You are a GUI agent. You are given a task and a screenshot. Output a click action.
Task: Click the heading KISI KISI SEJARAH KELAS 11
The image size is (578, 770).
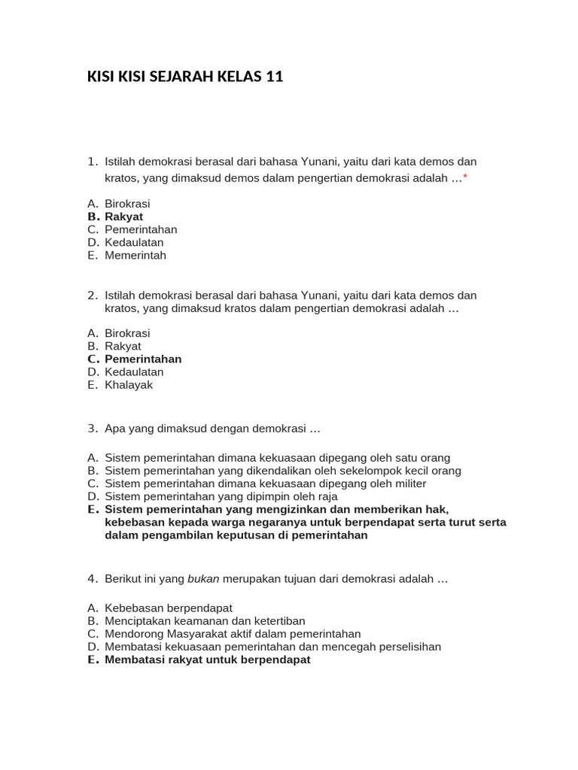(x=185, y=76)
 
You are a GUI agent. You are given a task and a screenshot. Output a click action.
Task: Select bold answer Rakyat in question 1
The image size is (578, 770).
(x=123, y=217)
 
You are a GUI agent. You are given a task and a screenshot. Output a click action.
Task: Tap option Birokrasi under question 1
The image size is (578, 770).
(x=127, y=204)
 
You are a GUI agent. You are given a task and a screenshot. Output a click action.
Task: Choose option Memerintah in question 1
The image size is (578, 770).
(x=135, y=255)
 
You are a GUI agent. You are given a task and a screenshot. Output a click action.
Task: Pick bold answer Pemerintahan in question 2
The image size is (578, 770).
(x=143, y=359)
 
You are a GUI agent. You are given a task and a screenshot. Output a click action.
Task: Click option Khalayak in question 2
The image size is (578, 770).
(x=129, y=384)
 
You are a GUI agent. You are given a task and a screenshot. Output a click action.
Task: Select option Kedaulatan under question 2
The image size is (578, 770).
(x=134, y=371)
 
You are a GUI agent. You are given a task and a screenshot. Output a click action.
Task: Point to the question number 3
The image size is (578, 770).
(x=93, y=428)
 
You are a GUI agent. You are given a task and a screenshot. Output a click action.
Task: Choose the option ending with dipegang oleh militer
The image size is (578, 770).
(x=265, y=484)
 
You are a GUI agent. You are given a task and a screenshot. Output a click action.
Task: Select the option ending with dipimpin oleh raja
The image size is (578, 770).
(x=221, y=496)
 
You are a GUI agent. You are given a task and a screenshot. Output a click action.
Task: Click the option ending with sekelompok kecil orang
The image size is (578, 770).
(x=283, y=471)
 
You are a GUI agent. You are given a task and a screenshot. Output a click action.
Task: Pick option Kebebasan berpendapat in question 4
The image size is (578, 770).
(x=169, y=608)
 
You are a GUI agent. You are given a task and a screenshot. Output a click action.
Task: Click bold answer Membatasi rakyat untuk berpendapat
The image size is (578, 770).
(x=208, y=659)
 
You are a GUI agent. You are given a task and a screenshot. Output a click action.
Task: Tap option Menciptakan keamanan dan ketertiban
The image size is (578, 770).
(x=205, y=620)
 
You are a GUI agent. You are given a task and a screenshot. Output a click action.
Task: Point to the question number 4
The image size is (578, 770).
(x=93, y=578)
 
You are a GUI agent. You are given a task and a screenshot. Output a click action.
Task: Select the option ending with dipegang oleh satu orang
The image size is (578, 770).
(x=277, y=457)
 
